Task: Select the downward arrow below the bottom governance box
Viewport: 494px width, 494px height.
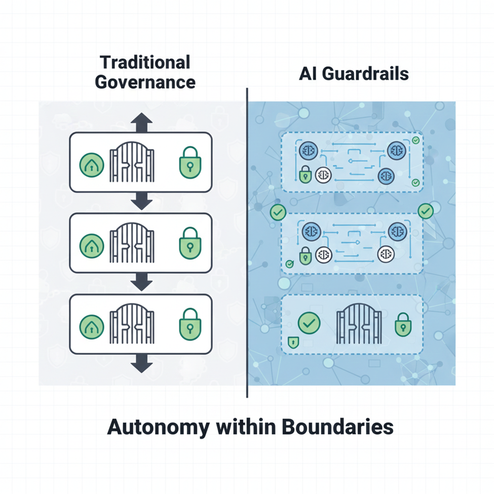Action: [x=141, y=363]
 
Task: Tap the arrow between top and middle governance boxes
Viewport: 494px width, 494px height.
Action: [x=141, y=202]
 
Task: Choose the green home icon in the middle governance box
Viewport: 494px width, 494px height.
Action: [x=92, y=244]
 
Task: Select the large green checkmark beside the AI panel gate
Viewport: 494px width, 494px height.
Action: [x=309, y=323]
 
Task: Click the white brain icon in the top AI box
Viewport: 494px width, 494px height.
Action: [x=323, y=175]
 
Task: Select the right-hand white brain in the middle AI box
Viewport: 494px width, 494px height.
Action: [x=386, y=254]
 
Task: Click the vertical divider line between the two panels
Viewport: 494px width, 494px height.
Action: [x=247, y=243]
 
